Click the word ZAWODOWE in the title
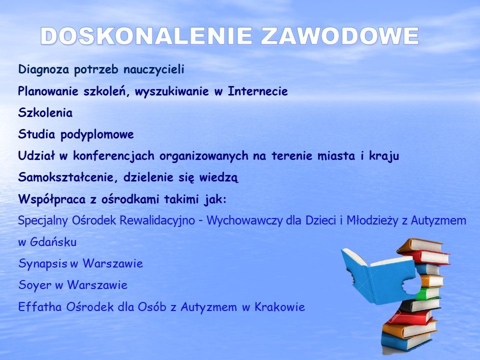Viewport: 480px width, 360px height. (340, 36)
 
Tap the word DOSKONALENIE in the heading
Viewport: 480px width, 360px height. (146, 36)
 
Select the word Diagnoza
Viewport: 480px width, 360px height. (43, 69)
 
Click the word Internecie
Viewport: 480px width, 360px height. (258, 91)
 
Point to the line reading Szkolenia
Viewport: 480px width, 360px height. (45, 112)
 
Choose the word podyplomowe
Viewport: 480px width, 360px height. (97, 134)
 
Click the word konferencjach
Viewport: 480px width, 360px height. (113, 156)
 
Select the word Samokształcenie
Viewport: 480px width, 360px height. (68, 177)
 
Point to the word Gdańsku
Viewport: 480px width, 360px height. (53, 242)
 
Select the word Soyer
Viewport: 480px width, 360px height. (35, 285)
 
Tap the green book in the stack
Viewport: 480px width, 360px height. (428, 293)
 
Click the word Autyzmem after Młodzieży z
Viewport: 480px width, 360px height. (438, 220)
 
